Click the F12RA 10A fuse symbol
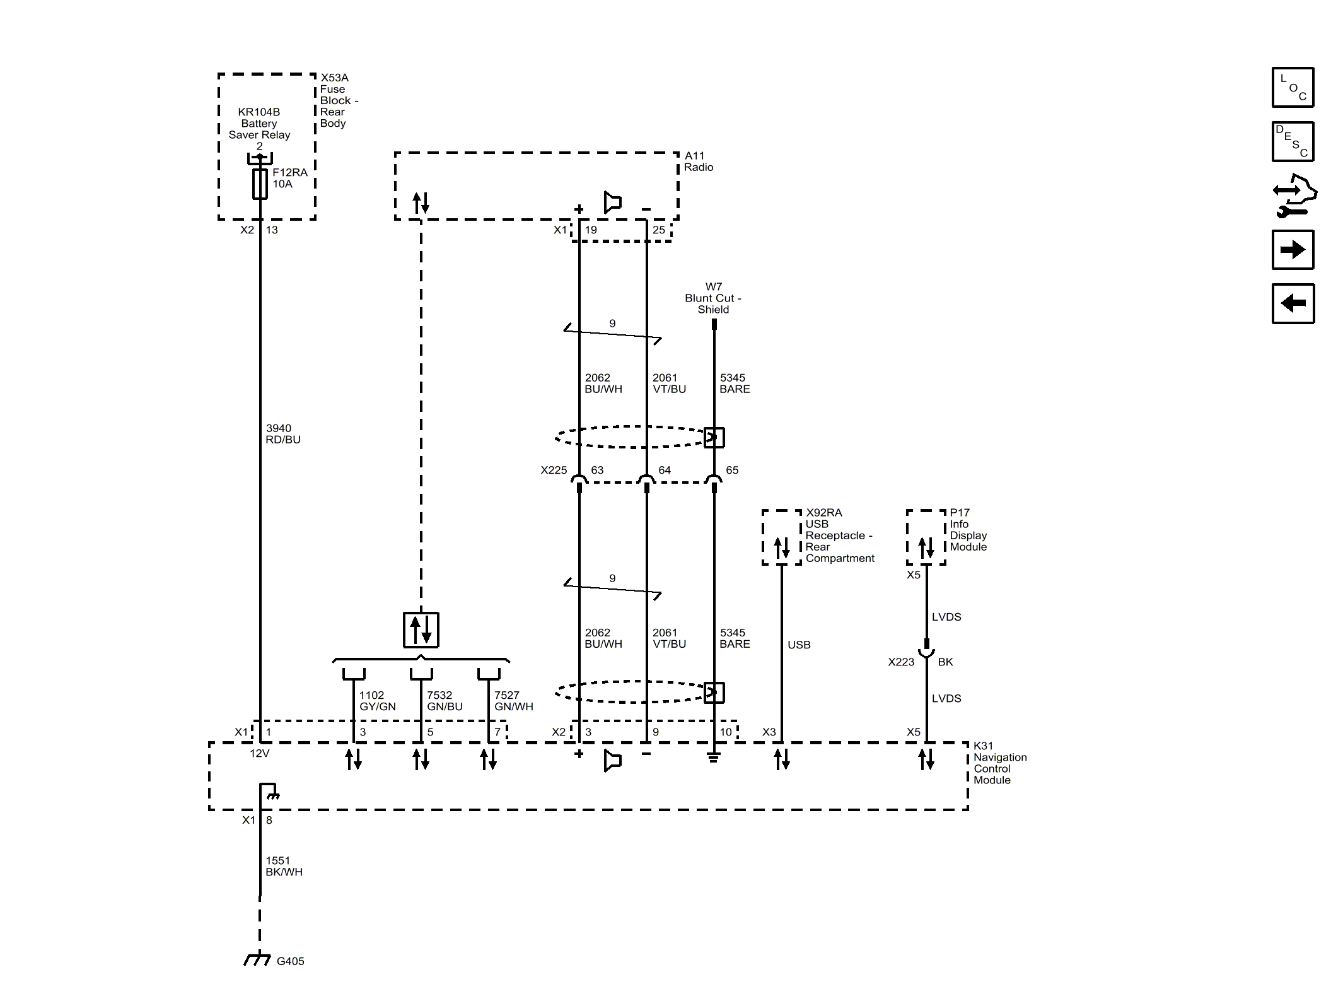pos(260,184)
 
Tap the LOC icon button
pos(1293,88)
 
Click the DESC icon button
pos(1293,142)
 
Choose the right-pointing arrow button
pos(1293,250)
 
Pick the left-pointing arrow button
pos(1293,303)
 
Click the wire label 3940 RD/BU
pos(282,434)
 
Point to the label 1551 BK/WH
pos(284,866)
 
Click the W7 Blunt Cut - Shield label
pos(713,298)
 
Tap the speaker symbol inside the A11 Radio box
pos(612,202)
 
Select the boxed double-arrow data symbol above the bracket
pos(421,629)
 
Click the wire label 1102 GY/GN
pos(377,701)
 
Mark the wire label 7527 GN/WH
pos(513,701)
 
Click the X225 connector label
pos(554,470)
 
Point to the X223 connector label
pos(900,662)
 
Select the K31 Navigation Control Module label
pos(999,763)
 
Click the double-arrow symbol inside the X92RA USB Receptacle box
pos(781,548)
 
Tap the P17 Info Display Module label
pos(968,530)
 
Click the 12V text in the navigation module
pos(259,753)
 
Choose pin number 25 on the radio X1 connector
pos(658,230)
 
